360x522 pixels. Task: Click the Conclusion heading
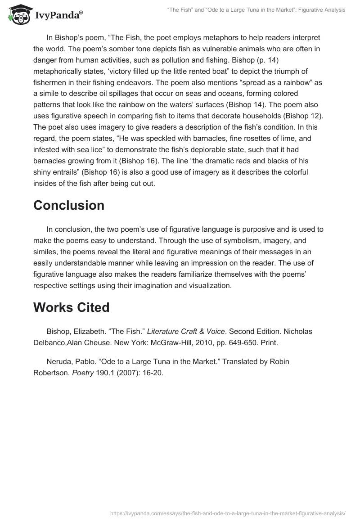[69, 205]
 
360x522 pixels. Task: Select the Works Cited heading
[71, 307]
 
